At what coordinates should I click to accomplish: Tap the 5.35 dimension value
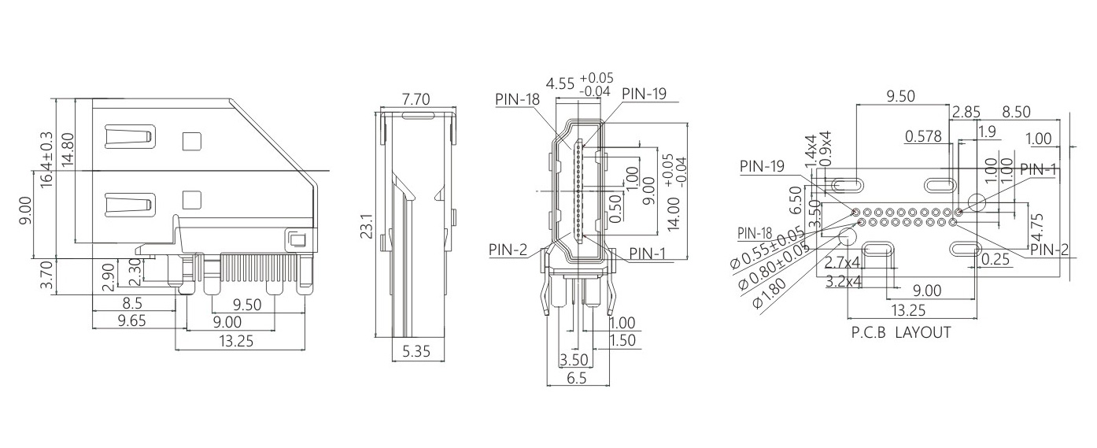(416, 352)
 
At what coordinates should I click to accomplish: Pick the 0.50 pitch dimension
(615, 208)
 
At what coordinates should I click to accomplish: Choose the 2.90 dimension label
(108, 277)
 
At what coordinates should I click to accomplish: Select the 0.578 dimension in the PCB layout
(923, 136)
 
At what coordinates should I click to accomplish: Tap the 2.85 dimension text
(966, 112)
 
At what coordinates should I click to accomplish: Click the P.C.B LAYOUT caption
(901, 332)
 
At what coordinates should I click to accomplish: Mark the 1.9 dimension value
(987, 130)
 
